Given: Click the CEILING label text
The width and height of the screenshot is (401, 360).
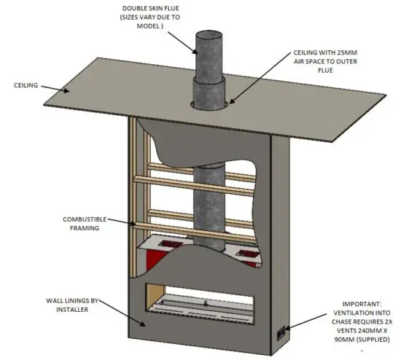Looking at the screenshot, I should [x=26, y=85].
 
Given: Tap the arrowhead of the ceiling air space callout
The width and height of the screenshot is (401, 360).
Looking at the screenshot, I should [x=232, y=103].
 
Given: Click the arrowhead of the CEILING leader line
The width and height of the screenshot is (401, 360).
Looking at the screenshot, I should [x=67, y=91].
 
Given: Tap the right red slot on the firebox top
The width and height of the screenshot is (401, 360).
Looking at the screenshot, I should [x=246, y=253].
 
